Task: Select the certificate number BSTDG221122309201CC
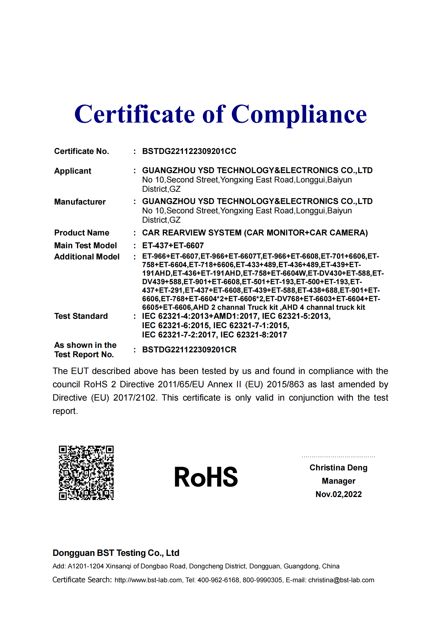(189, 151)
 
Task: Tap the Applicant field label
(73, 171)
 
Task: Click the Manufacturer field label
(80, 202)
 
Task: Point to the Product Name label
(82, 233)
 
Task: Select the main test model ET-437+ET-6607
(173, 246)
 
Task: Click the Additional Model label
(87, 257)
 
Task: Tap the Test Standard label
(81, 316)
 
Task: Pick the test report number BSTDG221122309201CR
(189, 350)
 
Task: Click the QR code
(86, 473)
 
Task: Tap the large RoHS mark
(206, 477)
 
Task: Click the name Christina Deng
(338, 467)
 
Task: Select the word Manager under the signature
(338, 481)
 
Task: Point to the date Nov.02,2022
(338, 494)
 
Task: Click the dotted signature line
(338, 457)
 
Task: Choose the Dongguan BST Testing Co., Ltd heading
(116, 553)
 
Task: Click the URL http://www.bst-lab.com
(148, 580)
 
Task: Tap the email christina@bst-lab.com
(341, 580)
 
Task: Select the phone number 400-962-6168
(218, 580)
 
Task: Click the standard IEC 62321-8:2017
(254, 335)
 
